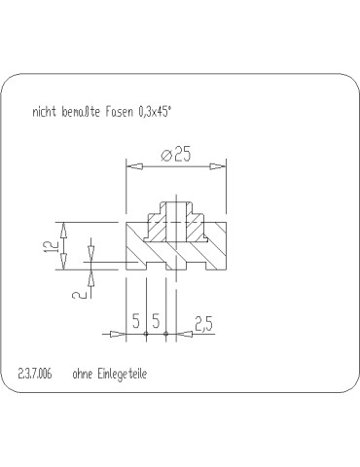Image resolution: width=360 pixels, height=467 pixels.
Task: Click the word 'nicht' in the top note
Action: click(x=44, y=112)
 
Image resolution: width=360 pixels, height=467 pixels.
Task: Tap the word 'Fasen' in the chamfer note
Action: click(x=119, y=112)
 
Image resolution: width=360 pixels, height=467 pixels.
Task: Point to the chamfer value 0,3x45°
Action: click(x=155, y=112)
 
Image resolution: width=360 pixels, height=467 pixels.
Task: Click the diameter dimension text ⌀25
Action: click(x=176, y=154)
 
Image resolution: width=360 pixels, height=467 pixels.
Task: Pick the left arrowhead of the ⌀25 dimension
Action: click(x=134, y=166)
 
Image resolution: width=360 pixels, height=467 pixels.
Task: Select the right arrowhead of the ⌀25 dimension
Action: click(x=217, y=166)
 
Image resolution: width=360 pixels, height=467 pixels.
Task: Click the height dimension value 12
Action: click(x=51, y=247)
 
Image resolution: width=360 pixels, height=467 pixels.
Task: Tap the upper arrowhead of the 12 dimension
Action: click(x=64, y=231)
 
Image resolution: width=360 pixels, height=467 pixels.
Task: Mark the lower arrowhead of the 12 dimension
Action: click(x=64, y=262)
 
